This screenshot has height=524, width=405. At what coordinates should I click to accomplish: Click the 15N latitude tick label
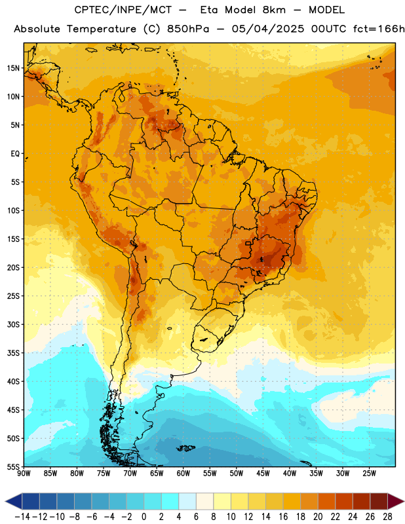coord(13,68)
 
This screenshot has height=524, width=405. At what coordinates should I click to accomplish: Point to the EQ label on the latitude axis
coord(15,154)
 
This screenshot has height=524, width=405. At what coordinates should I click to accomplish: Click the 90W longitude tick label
coord(24,474)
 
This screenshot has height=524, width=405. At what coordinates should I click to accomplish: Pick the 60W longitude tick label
coord(183,474)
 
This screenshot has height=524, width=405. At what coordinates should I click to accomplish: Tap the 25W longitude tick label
coord(369,474)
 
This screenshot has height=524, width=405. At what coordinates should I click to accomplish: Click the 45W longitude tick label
coord(263,474)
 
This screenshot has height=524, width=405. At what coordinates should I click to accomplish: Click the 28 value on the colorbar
coord(387,517)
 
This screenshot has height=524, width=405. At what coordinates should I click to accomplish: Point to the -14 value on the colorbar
coord(22,517)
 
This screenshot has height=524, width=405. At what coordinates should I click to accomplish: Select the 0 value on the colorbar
coord(144,517)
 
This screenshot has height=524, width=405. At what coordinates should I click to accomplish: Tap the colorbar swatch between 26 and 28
coord(379,501)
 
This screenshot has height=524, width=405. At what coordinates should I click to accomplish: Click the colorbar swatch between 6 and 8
coord(205,501)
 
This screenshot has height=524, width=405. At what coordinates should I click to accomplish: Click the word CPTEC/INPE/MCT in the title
coord(123,10)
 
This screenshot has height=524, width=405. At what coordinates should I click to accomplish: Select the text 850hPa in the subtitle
coord(188,29)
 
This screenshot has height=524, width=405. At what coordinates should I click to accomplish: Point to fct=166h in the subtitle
coord(379,29)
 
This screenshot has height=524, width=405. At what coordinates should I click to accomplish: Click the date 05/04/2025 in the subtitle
coord(268,29)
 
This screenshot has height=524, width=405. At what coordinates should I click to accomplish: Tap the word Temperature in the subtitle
coord(102,29)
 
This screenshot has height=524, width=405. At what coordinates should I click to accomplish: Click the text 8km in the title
coord(274,10)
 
